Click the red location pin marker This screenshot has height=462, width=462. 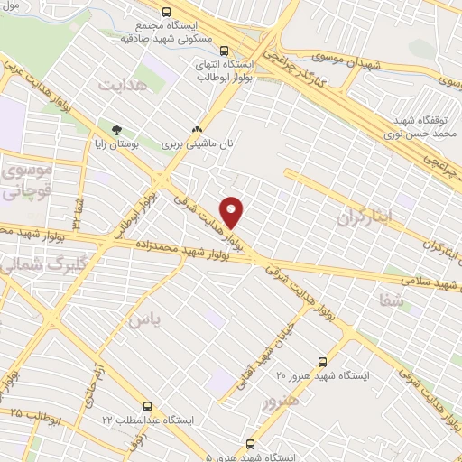pos(233,212)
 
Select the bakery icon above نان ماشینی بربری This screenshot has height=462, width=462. pos(196,129)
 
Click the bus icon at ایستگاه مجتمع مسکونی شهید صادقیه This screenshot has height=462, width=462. pos(165,13)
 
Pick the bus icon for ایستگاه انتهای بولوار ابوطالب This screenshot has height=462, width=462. pos(224,51)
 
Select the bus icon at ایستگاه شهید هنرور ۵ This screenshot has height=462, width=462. pos(250,443)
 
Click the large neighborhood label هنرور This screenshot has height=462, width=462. pos(277,398)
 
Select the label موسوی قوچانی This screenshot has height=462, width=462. pos(27,180)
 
